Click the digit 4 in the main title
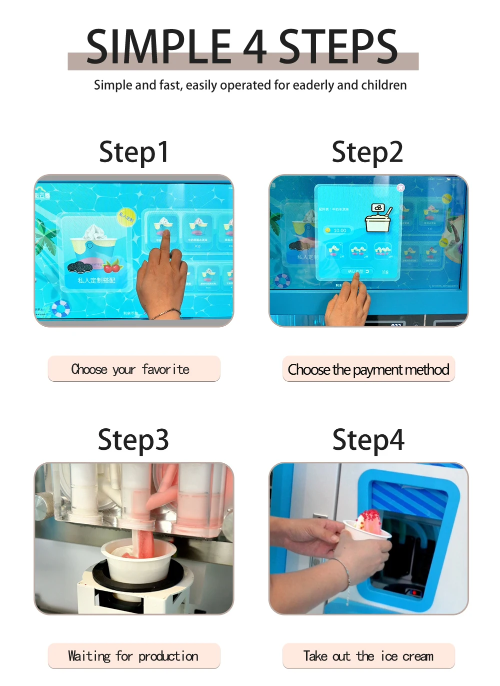click(254, 47)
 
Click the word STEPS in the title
click(338, 47)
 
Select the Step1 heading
click(134, 152)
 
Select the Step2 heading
click(367, 152)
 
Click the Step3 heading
click(133, 440)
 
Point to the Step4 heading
click(368, 440)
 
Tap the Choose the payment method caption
click(368, 369)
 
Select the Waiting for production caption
click(134, 656)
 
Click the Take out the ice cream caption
click(368, 656)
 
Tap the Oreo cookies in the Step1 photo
click(80, 267)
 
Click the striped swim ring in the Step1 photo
click(61, 308)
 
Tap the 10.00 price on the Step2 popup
click(339, 231)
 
